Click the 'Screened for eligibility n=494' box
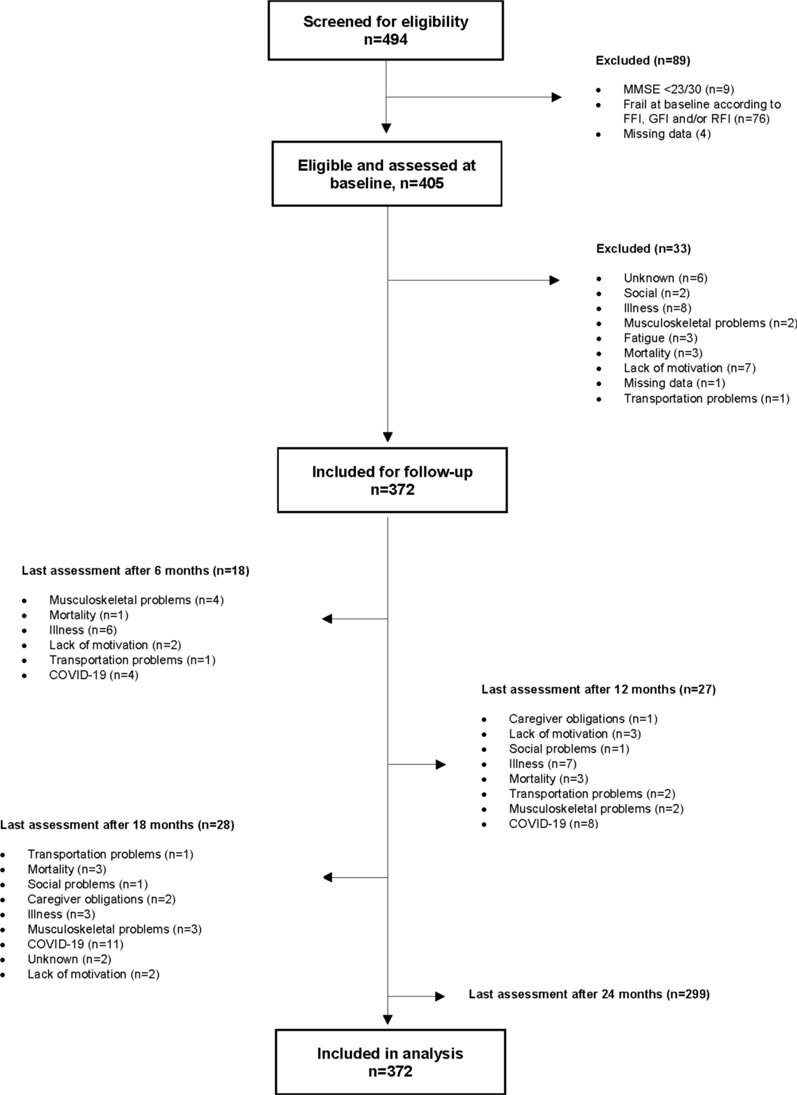coord(385,31)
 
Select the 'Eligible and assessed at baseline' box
coord(386,174)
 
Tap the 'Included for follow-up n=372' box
coord(392,480)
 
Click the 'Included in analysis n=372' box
coord(390,1062)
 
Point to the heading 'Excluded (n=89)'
coord(642,61)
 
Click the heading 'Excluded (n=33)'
coord(643,249)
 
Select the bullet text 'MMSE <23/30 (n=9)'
coord(678,89)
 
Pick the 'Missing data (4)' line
coord(667,134)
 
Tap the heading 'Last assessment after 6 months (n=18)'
coord(135,570)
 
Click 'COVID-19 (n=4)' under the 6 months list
coord(93,675)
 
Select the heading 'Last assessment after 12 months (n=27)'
coord(598,689)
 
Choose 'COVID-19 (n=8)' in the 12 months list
coord(553,824)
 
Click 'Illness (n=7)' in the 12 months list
coord(542,764)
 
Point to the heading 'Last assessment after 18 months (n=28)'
coord(117,825)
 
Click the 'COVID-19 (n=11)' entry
coord(75,944)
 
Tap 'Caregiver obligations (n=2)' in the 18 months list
coord(101,899)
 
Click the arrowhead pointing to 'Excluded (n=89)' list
coord(556,97)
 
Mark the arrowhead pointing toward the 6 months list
coord(327,619)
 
